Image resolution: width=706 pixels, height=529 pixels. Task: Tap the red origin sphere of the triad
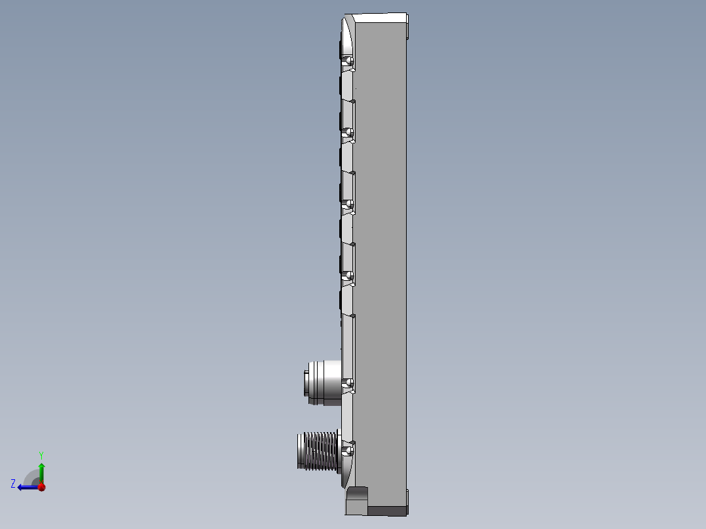click(x=41, y=486)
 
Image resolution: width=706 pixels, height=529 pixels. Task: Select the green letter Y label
click(x=41, y=454)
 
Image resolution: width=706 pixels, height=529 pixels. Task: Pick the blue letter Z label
click(x=13, y=484)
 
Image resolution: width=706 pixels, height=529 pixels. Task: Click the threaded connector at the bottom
click(x=317, y=450)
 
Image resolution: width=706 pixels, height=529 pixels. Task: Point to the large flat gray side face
click(x=380, y=262)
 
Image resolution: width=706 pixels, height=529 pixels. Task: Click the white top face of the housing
click(x=380, y=18)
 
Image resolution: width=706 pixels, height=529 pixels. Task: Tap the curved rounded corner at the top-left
click(x=346, y=36)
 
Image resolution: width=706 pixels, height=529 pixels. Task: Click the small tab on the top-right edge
click(x=407, y=30)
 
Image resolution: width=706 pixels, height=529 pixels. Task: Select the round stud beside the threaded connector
click(x=349, y=450)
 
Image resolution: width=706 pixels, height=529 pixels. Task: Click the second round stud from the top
click(x=349, y=133)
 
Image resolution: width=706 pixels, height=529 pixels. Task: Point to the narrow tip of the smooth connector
click(x=307, y=382)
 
